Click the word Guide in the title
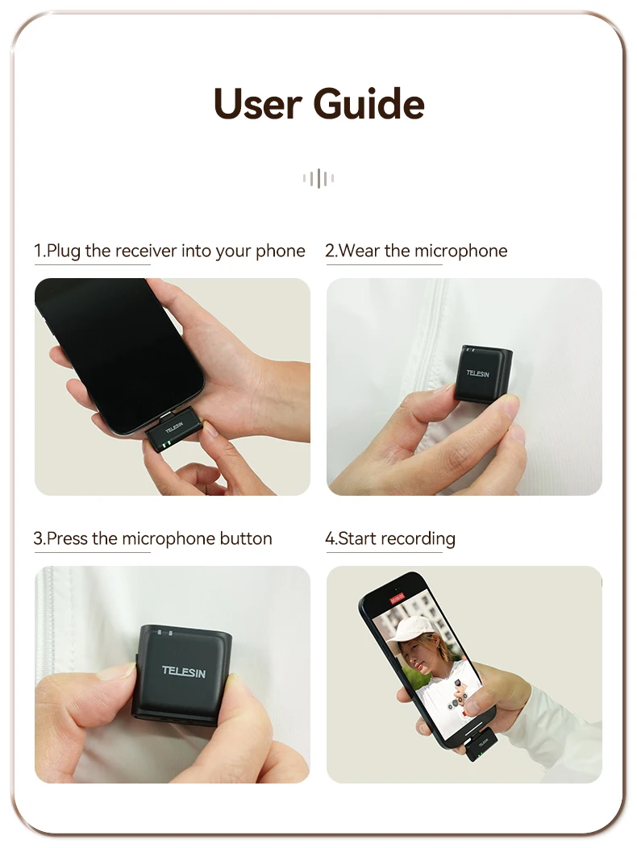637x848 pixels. pyautogui.click(x=368, y=103)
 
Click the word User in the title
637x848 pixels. pyautogui.click(x=257, y=103)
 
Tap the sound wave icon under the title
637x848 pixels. pyautogui.click(x=318, y=178)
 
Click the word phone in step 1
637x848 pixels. pyautogui.click(x=281, y=251)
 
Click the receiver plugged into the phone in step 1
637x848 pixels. pyautogui.click(x=173, y=434)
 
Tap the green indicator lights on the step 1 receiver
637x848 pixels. pyautogui.click(x=166, y=445)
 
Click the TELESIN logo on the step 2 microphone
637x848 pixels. pyautogui.click(x=478, y=374)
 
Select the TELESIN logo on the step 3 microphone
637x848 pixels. pyautogui.click(x=184, y=671)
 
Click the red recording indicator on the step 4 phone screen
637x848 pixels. pyautogui.click(x=398, y=597)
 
